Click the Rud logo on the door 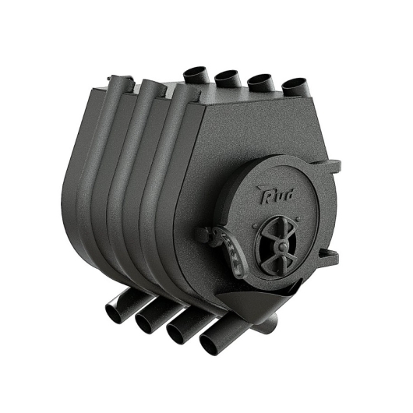pyautogui.click(x=274, y=195)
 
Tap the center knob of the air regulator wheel pyautogui.click(x=282, y=246)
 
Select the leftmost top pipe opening pyautogui.click(x=195, y=72)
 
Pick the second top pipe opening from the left pyautogui.click(x=227, y=75)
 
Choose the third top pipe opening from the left pyautogui.click(x=259, y=79)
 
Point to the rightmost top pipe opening pyautogui.click(x=294, y=83)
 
